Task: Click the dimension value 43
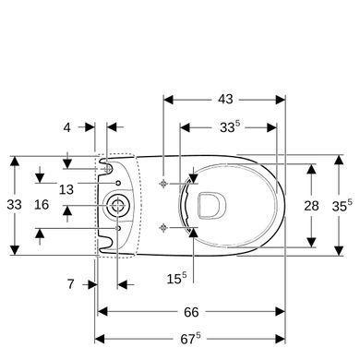click(x=225, y=99)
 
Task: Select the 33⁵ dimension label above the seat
click(x=230, y=126)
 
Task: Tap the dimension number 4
click(x=66, y=127)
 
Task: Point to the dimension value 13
click(x=66, y=189)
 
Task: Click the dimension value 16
click(x=42, y=205)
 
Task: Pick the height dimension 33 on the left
click(x=14, y=205)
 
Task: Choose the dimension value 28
click(x=311, y=206)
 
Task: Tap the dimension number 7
click(x=71, y=284)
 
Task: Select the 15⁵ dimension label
click(x=176, y=279)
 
